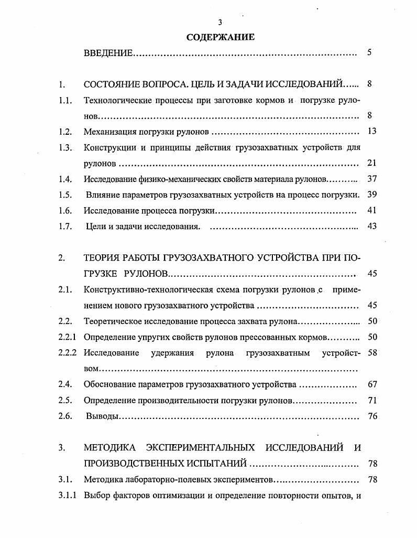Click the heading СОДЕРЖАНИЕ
pyautogui.click(x=221, y=37)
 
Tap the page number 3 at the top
pyautogui.click(x=221, y=22)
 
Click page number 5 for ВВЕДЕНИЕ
pyautogui.click(x=369, y=52)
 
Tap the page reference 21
pyautogui.click(x=372, y=163)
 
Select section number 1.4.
pyautogui.click(x=65, y=179)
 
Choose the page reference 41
pyautogui.click(x=372, y=210)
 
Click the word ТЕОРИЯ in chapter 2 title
pyautogui.click(x=102, y=257)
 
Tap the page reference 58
pyautogui.click(x=372, y=352)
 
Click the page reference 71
pyautogui.click(x=372, y=400)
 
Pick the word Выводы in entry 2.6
pyautogui.click(x=101, y=416)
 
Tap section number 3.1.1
pyautogui.click(x=68, y=495)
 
